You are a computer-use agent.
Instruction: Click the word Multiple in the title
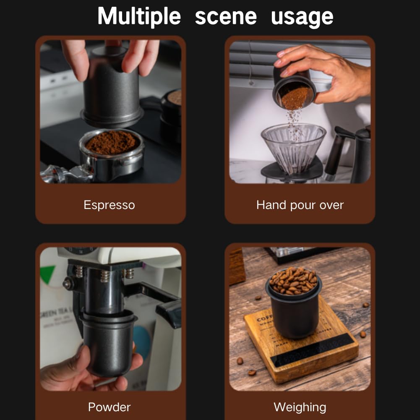(139, 16)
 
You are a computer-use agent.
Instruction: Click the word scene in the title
(226, 16)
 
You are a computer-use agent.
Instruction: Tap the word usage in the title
(302, 16)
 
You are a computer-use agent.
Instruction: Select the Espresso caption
(109, 205)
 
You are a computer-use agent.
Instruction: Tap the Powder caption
(109, 407)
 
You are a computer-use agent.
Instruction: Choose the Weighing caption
(300, 407)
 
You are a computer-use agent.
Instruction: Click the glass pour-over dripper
(293, 147)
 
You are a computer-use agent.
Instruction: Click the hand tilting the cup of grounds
(331, 71)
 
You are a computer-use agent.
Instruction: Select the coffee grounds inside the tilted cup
(295, 97)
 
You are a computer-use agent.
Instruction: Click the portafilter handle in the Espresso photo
(57, 174)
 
